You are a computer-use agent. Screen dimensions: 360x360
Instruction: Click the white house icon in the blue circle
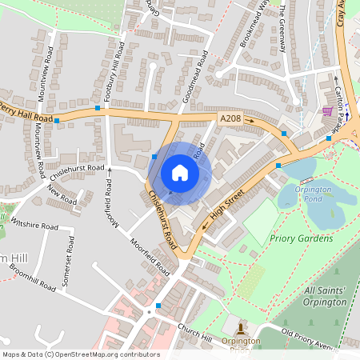coord(180,173)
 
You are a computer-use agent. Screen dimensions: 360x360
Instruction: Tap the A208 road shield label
coord(230,118)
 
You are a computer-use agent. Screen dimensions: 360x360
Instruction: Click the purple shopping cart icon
coord(327,111)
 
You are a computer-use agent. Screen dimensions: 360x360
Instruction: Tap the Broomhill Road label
coord(31,276)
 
